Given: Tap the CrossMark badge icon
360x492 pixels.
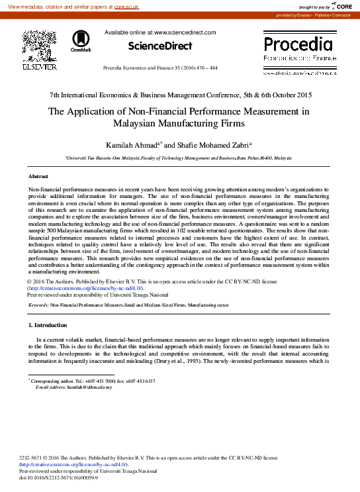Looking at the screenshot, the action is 81,41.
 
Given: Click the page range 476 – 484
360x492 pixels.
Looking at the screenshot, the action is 207,68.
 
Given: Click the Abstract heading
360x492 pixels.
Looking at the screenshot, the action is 38,177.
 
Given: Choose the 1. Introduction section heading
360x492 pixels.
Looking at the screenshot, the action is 48,325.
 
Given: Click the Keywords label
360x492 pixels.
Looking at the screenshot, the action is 38,305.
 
